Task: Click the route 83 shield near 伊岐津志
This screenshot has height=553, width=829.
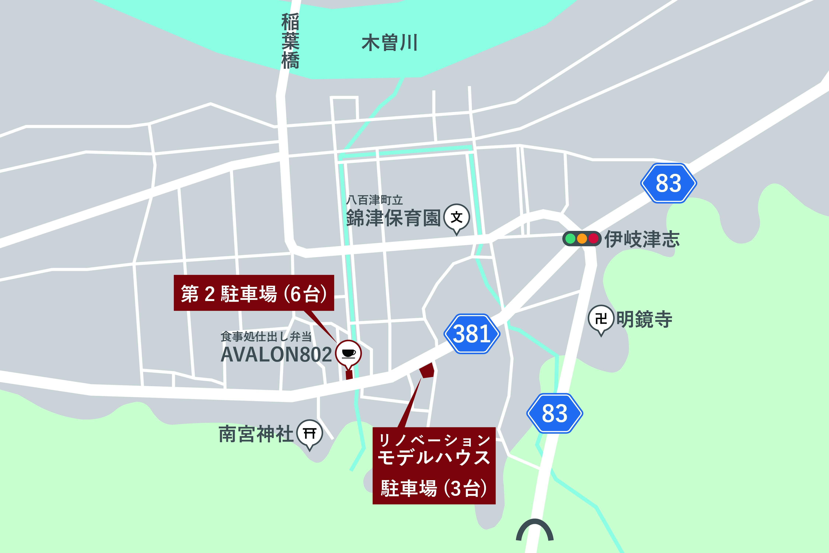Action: click(668, 183)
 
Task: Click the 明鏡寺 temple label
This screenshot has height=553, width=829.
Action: click(644, 319)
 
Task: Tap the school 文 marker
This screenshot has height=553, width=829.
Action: click(457, 217)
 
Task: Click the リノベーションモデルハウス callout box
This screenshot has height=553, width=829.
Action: click(434, 466)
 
